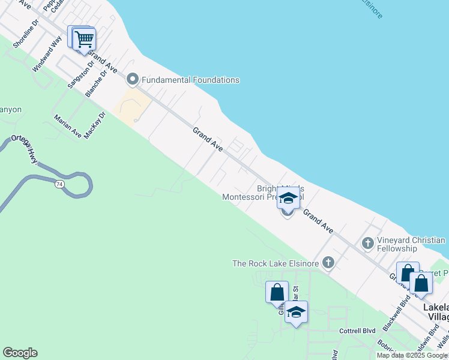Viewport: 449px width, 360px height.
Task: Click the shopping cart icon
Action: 84,40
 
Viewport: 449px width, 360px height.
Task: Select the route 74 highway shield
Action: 58,184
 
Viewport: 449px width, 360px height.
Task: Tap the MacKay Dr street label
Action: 95,125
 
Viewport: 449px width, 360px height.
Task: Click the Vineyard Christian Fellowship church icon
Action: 368,244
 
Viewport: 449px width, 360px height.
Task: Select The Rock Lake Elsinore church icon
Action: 328,263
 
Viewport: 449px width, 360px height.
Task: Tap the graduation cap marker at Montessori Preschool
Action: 288,199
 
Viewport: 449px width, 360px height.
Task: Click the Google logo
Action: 20,353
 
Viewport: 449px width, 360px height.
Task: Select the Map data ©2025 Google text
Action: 412,355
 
